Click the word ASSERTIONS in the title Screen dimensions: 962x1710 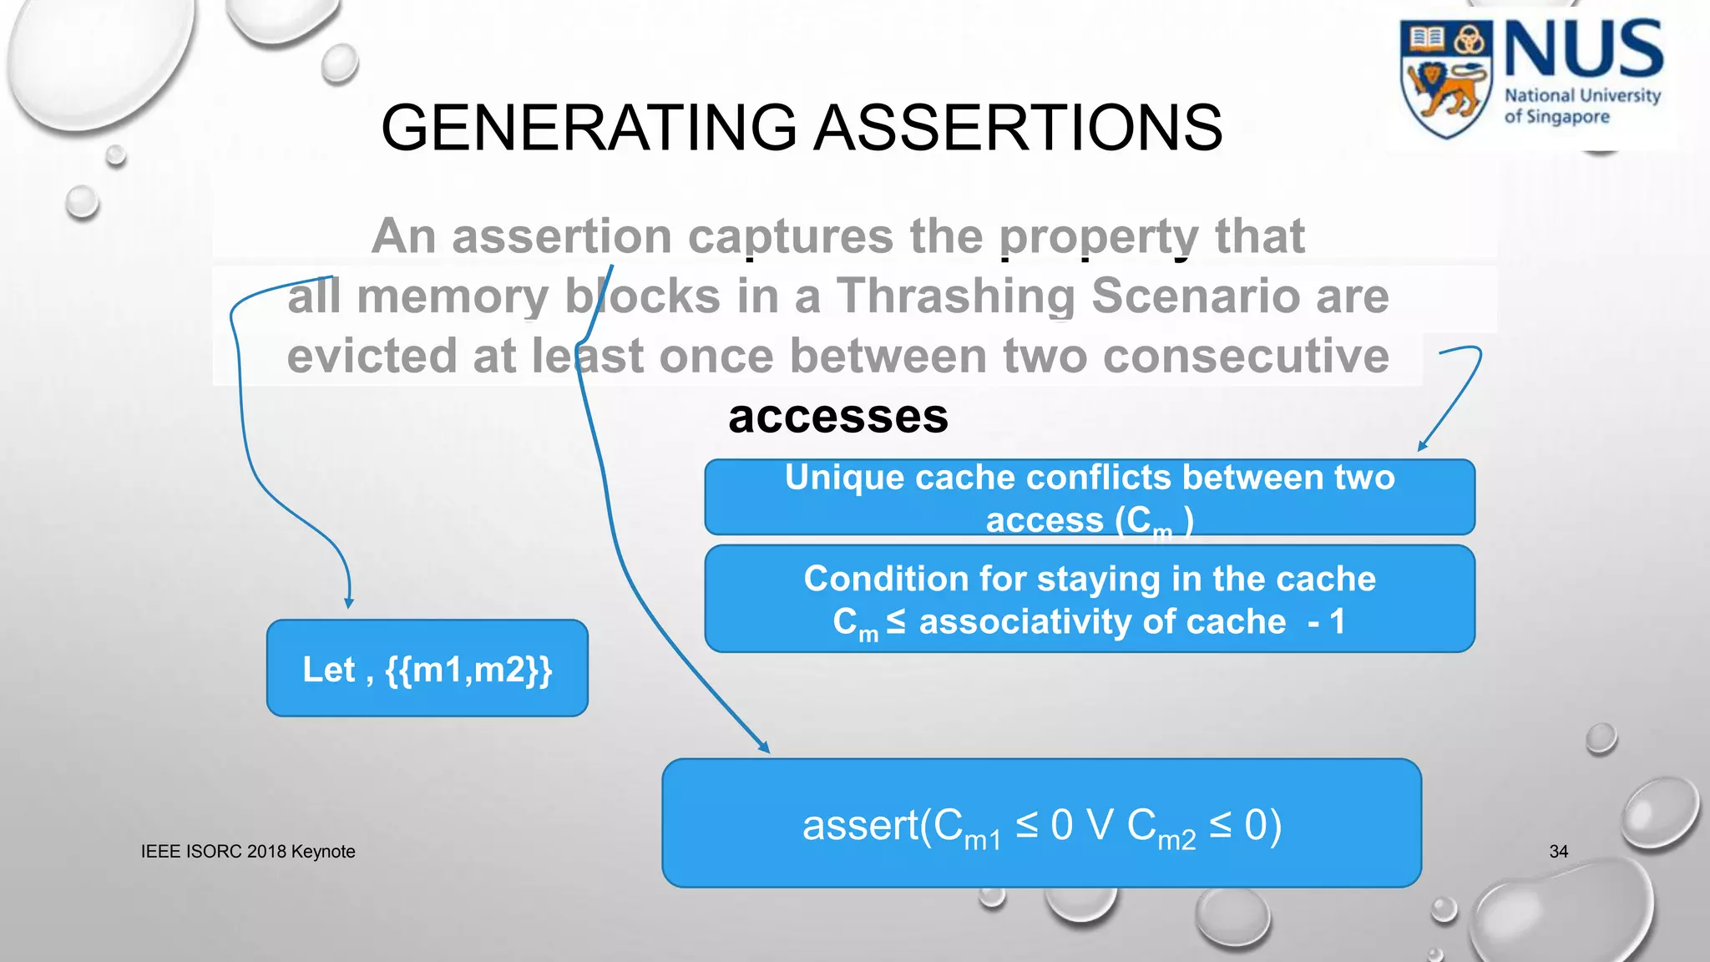[1018, 128]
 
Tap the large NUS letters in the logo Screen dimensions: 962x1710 [1583, 50]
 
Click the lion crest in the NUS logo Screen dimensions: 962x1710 [1446, 79]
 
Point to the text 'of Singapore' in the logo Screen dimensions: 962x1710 [1556, 117]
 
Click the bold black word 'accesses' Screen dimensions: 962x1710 [837, 416]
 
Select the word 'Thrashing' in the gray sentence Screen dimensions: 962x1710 [956, 296]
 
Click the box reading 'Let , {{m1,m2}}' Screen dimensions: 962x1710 [427, 668]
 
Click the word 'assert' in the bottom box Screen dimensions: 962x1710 [860, 825]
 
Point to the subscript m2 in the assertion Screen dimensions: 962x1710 [1176, 839]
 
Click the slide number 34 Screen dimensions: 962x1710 [1558, 852]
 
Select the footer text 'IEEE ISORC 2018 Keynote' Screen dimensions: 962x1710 [248, 852]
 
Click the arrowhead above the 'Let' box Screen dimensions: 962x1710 [349, 602]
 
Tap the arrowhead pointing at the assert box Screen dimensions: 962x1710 [763, 747]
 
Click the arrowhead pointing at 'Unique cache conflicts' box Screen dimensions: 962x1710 [1422, 446]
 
